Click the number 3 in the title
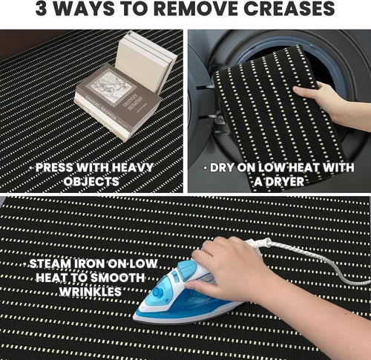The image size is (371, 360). coord(41,9)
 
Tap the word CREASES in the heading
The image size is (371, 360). coord(289,9)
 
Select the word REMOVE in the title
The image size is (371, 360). coord(196,9)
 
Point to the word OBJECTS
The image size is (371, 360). coord(91,182)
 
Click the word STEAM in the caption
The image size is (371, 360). coord(50,264)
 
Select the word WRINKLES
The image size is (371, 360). coord(91,292)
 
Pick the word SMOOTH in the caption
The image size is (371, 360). coord(117,278)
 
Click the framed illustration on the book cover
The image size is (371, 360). coord(111,87)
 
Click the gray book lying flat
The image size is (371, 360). coord(118,102)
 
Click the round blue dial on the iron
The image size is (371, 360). coord(159,292)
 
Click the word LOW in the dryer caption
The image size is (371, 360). coord(272,168)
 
